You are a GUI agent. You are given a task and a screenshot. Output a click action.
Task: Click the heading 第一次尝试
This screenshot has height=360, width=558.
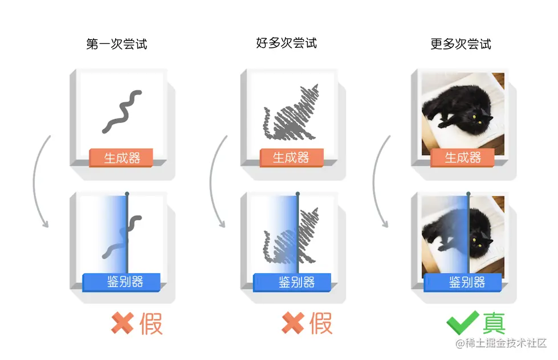coord(117,44)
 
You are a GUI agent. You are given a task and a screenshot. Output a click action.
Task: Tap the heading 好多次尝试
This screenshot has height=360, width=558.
coord(287,43)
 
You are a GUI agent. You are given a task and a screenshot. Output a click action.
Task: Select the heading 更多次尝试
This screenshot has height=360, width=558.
coord(461,44)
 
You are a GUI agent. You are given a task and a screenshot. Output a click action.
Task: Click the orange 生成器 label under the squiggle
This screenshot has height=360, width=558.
coord(121,158)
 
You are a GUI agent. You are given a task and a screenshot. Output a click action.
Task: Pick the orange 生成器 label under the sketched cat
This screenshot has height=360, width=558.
coord(291,158)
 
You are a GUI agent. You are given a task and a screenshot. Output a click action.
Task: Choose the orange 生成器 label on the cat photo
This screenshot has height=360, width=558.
coord(462,158)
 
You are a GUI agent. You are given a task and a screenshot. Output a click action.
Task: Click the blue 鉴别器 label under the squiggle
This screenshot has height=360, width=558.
coord(121,282)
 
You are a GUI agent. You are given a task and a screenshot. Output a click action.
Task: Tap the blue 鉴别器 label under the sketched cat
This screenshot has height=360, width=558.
coord(292,282)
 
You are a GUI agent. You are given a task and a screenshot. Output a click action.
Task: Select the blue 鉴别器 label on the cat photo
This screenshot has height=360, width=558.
coord(462,282)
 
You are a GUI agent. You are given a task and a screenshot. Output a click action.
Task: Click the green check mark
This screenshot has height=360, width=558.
coord(462,322)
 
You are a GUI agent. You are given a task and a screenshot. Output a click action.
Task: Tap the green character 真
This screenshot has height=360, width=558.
coord(494,323)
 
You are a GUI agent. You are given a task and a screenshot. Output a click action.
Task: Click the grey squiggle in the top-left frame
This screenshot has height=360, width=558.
coord(121,112)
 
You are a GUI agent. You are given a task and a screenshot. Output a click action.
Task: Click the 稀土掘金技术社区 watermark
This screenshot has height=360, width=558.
coord(502,343)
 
